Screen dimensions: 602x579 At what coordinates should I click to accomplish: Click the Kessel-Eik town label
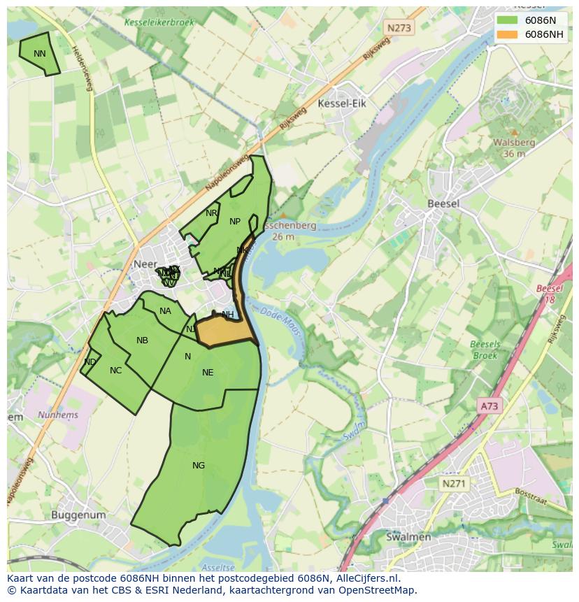coord(341,103)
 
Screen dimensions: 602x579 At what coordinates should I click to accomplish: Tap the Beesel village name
coord(443,203)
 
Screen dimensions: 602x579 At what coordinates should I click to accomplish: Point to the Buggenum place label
coord(78,515)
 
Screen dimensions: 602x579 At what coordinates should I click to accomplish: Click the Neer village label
coord(143,264)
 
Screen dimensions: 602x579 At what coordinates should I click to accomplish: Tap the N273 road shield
coord(399,28)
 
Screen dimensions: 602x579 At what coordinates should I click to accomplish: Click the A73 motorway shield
coord(491,406)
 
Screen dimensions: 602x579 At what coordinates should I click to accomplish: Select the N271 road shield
coord(455,483)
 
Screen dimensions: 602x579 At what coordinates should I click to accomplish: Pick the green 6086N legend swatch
coord(508,20)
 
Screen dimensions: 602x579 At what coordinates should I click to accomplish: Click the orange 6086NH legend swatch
coord(508,34)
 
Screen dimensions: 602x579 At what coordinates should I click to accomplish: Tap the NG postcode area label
coord(199,466)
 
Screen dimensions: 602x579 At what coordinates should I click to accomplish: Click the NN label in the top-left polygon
coord(39,54)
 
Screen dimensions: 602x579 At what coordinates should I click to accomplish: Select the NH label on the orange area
coord(228,315)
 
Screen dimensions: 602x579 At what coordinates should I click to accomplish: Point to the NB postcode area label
coord(142,341)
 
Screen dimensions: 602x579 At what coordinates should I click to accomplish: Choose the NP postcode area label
coord(235,222)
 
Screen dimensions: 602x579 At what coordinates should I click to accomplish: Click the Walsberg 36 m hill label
coord(514,148)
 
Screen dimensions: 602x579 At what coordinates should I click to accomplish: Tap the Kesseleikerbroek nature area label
coord(159,22)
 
